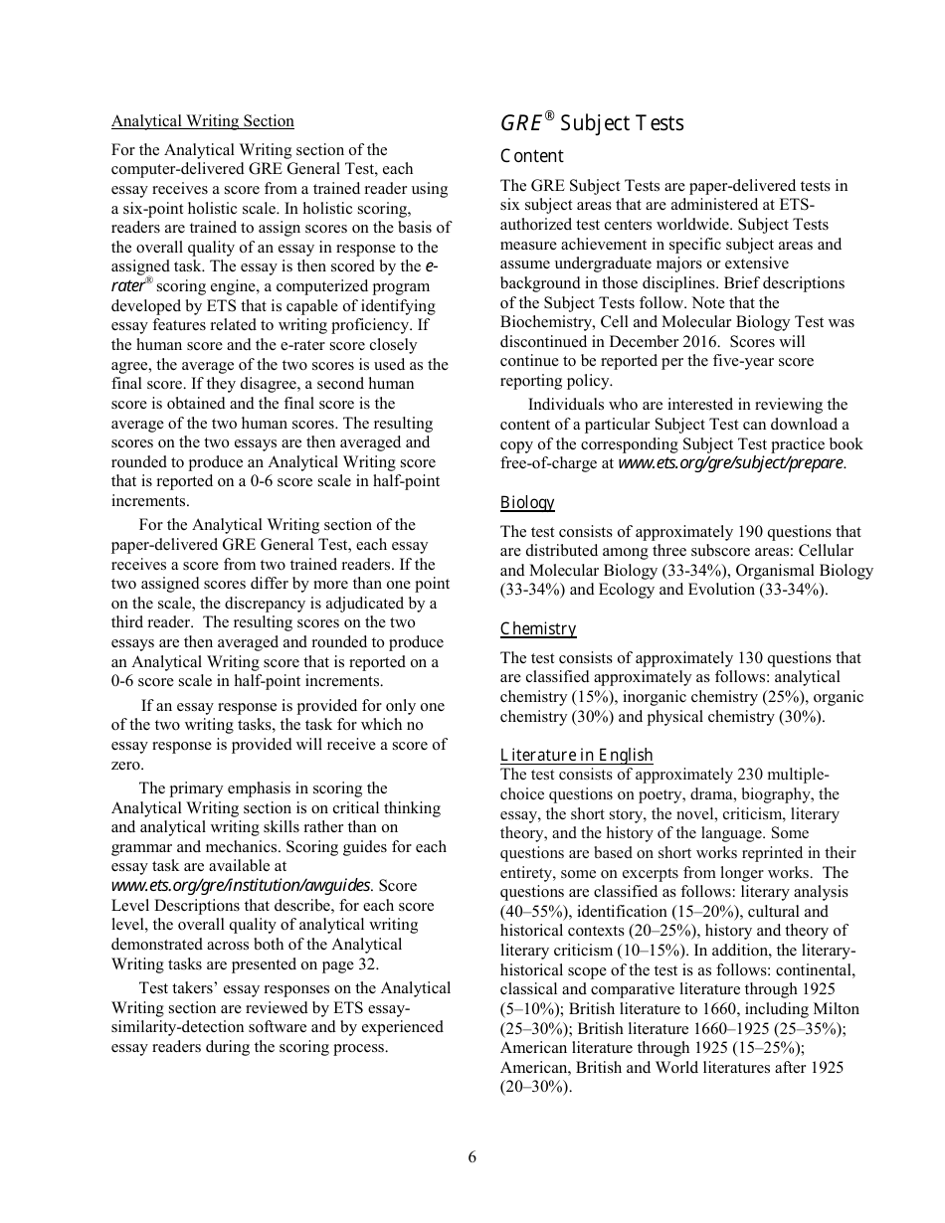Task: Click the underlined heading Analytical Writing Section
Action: pos(203,121)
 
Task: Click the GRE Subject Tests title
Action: pos(592,123)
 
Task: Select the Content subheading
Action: pos(531,156)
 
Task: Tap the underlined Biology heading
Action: pos(527,503)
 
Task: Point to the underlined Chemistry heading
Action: pos(538,628)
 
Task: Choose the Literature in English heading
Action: pos(576,756)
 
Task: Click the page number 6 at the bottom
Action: pos(472,1156)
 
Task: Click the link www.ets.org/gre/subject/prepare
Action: pos(731,463)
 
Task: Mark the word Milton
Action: pos(835,1009)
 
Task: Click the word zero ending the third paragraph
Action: pos(127,765)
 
